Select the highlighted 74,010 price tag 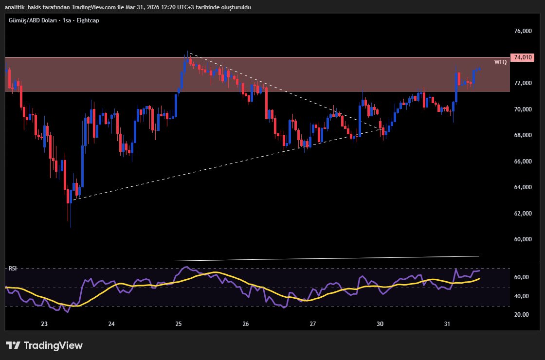click(x=523, y=57)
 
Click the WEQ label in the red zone click(x=500, y=62)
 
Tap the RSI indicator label click(x=12, y=269)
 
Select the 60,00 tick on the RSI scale click(x=521, y=277)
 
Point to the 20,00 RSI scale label click(x=521, y=315)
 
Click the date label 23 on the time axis click(x=44, y=324)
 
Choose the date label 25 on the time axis click(x=179, y=324)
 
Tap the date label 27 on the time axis click(x=313, y=324)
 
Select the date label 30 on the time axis click(x=380, y=324)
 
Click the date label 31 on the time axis click(x=447, y=324)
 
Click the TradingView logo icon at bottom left click(x=13, y=345)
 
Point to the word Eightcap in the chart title click(x=89, y=21)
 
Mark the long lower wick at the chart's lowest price click(x=71, y=216)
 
